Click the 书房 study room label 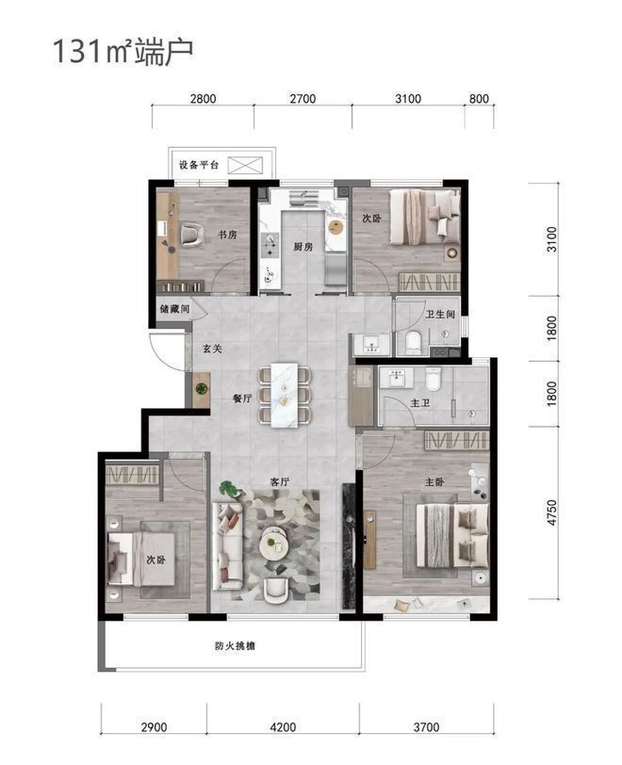click(227, 235)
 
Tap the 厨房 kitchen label click(303, 247)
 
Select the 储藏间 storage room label click(174, 309)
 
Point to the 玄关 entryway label click(212, 349)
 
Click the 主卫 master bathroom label click(420, 403)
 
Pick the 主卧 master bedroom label click(434, 482)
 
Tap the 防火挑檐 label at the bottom click(235, 646)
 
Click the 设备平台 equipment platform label click(199, 165)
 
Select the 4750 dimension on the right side click(551, 513)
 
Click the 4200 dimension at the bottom click(283, 727)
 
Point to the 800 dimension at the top click(479, 99)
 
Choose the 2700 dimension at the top click(303, 99)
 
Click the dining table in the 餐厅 click(285, 395)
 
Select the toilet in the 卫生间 click(413, 342)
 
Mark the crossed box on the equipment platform click(246, 166)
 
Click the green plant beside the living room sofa click(228, 488)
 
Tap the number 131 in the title click(76, 51)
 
